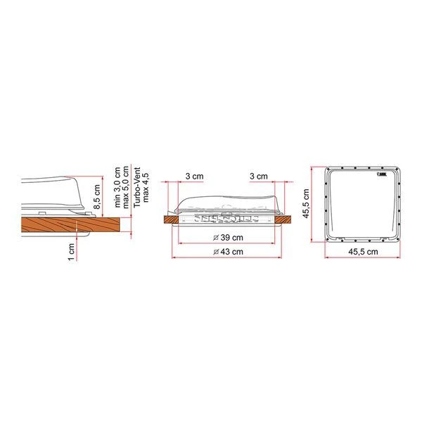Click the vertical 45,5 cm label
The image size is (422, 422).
point(307,205)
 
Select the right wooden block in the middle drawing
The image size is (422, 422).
point(284,220)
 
